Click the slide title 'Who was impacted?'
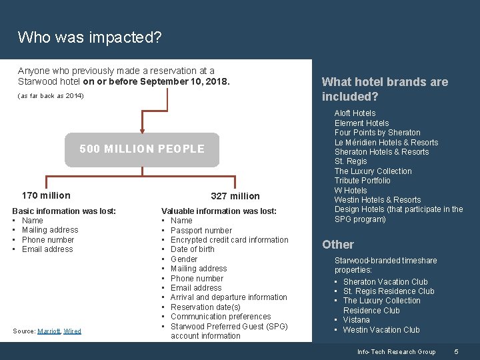tap(89, 37)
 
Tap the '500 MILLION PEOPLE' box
tap(142, 149)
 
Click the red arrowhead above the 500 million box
tap(141, 131)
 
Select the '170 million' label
tap(46, 195)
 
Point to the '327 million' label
tap(235, 196)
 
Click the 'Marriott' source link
tap(48, 331)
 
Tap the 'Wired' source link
tap(72, 331)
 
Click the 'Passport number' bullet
tap(201, 230)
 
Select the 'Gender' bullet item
tap(184, 259)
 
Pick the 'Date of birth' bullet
tap(193, 249)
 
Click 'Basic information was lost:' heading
tap(64, 211)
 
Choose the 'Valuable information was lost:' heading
tap(219, 211)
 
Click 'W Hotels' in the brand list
tap(351, 190)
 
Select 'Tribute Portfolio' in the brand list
tap(362, 180)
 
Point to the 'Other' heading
tap(338, 245)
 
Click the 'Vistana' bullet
tap(356, 320)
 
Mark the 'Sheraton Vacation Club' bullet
tap(386, 281)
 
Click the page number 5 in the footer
tap(456, 351)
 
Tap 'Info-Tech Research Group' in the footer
tap(396, 351)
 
